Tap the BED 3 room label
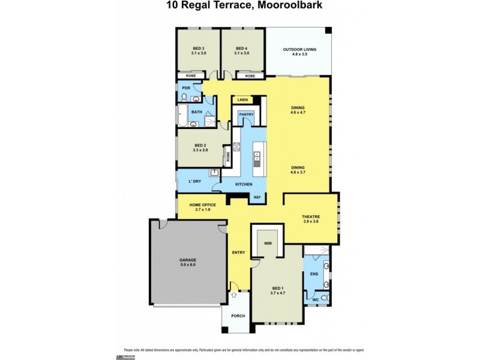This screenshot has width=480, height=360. point(199,48)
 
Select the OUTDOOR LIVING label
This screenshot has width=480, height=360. point(299,49)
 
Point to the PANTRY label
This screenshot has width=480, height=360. point(247,114)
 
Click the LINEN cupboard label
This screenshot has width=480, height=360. point(242,100)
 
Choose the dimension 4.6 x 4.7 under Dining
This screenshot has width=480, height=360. point(298,112)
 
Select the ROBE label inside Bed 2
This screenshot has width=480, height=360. point(228,157)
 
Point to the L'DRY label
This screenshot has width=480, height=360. point(194,181)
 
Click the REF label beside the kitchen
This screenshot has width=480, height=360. point(257,197)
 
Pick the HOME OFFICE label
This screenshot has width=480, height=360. point(202,205)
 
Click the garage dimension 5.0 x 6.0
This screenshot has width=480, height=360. point(188,265)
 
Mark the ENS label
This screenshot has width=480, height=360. point(313,274)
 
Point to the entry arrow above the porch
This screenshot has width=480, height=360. point(233,295)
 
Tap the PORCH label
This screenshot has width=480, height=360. point(238,316)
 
